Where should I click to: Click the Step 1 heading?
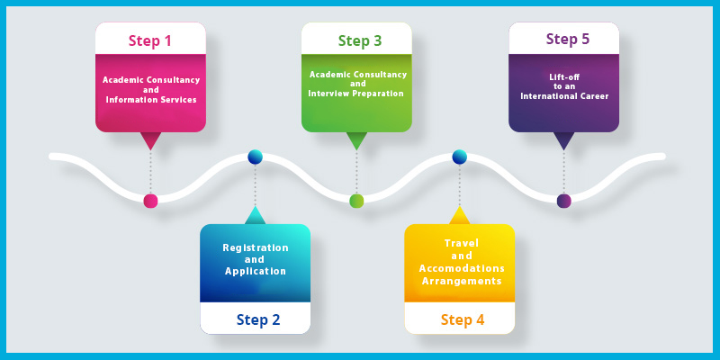[x=150, y=40]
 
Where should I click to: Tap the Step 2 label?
[x=258, y=319]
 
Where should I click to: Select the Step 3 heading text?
[x=359, y=40]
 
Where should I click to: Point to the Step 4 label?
[x=463, y=319]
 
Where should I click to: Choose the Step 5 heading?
[x=568, y=39]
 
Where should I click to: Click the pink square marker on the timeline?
[x=150, y=201]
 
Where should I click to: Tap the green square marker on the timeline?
[x=356, y=201]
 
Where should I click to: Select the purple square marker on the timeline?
[x=564, y=201]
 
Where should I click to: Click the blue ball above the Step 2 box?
[x=256, y=157]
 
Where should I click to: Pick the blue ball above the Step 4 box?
[x=460, y=157]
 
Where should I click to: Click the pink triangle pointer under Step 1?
[x=150, y=140]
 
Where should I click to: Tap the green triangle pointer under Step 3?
[x=356, y=140]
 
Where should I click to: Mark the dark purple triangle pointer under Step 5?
[x=564, y=140]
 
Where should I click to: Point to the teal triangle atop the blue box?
[x=256, y=217]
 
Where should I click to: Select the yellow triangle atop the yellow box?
[x=460, y=217]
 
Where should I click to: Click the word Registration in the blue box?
[x=256, y=248]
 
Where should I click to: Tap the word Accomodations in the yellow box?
[x=462, y=268]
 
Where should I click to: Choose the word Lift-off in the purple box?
[x=564, y=77]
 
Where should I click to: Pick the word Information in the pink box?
[x=130, y=100]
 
